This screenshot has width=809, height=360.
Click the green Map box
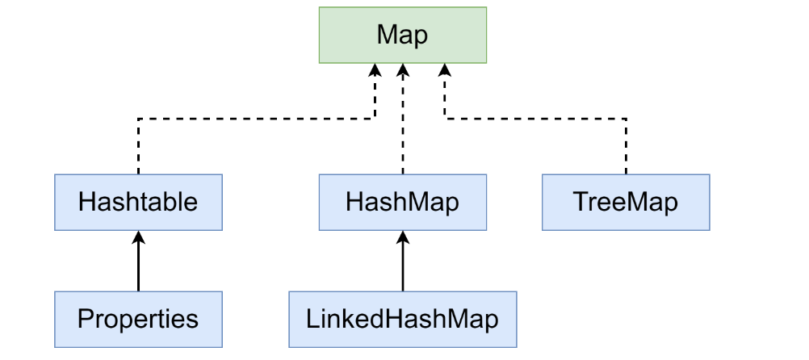pyautogui.click(x=402, y=35)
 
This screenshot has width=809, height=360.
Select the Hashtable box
pyautogui.click(x=138, y=202)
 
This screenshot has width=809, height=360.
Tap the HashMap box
pyautogui.click(x=402, y=202)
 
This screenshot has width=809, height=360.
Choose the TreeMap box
pyautogui.click(x=626, y=202)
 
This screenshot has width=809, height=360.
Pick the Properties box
pyautogui.click(x=138, y=319)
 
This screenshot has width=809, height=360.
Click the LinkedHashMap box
pyautogui.click(x=402, y=319)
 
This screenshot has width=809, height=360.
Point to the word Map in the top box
pyautogui.click(x=402, y=36)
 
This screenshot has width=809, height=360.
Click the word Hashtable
pyautogui.click(x=138, y=202)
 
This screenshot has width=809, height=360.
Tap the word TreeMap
pyautogui.click(x=626, y=202)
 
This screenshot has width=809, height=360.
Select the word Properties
pyautogui.click(x=138, y=319)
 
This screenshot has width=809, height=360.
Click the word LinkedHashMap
pyautogui.click(x=402, y=319)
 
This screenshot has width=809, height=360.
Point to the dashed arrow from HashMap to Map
pyautogui.click(x=402, y=121)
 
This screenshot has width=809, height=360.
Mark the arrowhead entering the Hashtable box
pyautogui.click(x=138, y=237)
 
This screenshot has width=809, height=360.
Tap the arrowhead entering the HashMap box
pyautogui.click(x=402, y=237)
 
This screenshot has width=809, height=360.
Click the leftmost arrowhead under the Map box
pyautogui.click(x=375, y=71)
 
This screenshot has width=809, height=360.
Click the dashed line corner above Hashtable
pyautogui.click(x=139, y=119)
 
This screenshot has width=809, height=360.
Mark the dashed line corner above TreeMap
pyautogui.click(x=626, y=119)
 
